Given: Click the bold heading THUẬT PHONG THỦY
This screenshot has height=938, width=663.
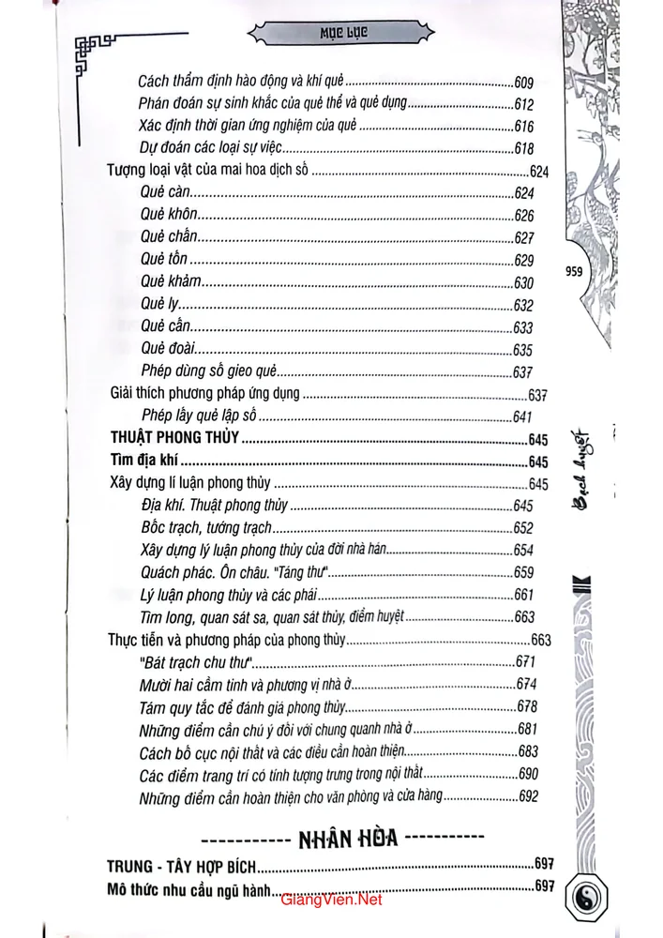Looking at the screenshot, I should (173, 439).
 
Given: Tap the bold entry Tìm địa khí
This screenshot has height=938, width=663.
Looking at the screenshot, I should (143, 461).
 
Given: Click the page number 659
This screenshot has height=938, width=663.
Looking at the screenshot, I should (523, 572).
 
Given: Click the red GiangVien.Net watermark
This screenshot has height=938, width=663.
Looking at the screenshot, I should (331, 900).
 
